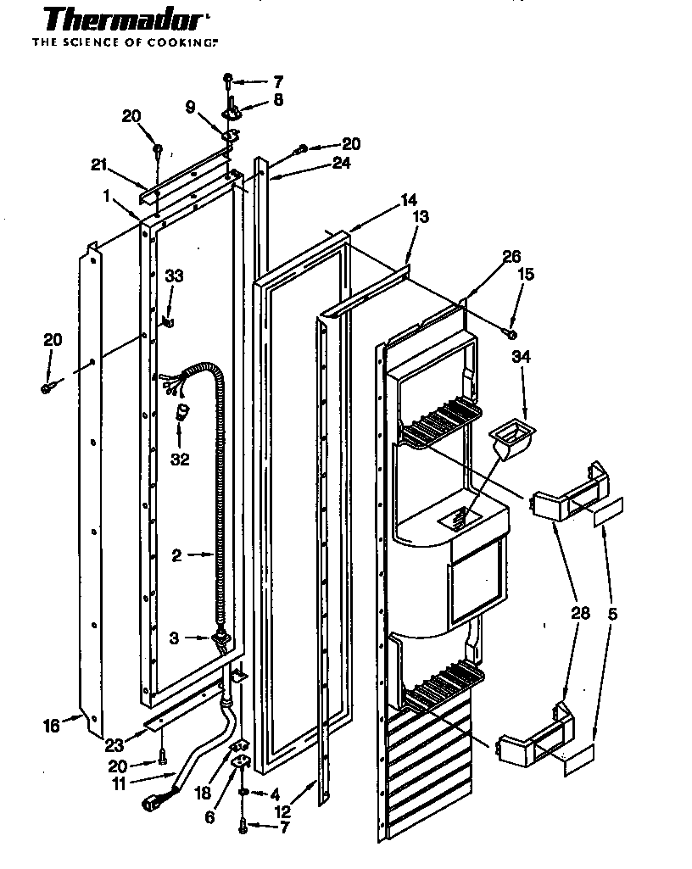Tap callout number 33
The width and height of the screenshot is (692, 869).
click(x=174, y=276)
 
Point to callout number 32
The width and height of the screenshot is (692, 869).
click(x=179, y=460)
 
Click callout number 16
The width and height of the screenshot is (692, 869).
click(x=52, y=725)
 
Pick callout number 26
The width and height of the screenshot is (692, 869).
click(x=511, y=256)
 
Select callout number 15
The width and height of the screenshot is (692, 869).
click(x=527, y=274)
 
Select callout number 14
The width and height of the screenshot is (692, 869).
click(x=409, y=200)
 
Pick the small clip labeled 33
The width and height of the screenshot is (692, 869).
click(x=169, y=321)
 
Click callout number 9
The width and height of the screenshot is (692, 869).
click(x=190, y=108)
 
